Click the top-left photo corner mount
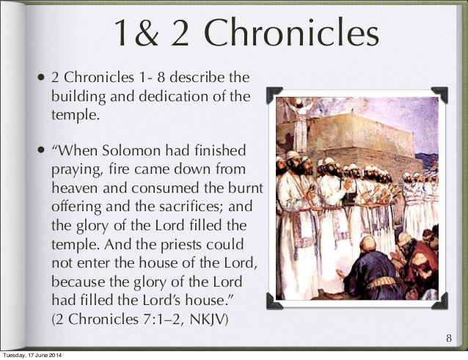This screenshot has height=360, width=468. pyautogui.click(x=274, y=93)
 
